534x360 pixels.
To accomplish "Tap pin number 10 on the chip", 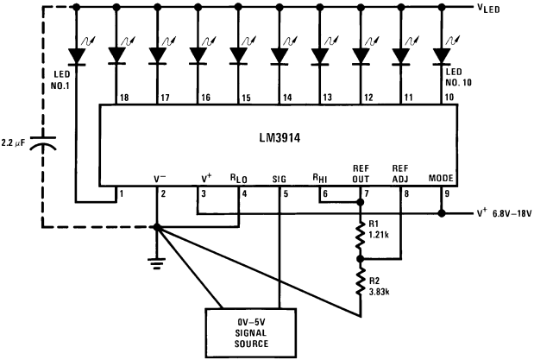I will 450,98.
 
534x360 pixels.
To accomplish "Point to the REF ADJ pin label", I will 401,173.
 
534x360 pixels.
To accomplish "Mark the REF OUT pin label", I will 361,173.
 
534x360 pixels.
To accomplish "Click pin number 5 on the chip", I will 285,193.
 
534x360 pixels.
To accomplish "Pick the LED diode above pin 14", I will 279,56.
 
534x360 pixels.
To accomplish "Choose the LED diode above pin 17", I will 157,56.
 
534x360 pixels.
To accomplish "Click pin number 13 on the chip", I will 327,98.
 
